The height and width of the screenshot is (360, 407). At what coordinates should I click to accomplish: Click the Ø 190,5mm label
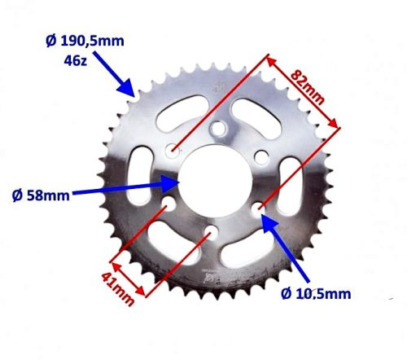click(81, 40)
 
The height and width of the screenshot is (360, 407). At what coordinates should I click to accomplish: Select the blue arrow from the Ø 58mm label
click(130, 187)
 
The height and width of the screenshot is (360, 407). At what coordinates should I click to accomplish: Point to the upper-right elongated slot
click(254, 119)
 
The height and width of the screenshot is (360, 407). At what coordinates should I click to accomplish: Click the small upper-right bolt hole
click(260, 156)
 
